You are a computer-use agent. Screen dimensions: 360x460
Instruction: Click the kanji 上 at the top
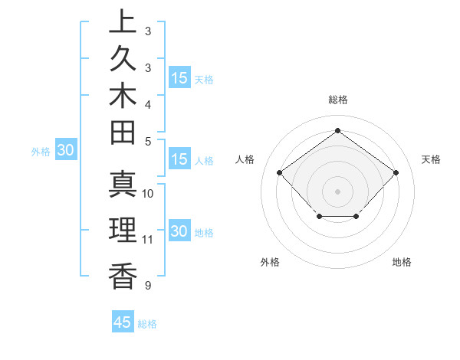(x=121, y=22)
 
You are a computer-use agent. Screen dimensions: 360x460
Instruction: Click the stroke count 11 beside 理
(x=148, y=240)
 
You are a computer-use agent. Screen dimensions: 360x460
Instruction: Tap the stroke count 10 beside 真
(x=148, y=194)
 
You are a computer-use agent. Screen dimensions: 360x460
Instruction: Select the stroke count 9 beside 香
(x=147, y=286)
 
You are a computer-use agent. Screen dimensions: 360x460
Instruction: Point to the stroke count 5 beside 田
(x=147, y=141)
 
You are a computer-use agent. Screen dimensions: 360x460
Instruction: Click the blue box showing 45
(x=123, y=322)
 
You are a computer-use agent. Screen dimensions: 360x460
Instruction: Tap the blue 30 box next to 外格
(x=66, y=151)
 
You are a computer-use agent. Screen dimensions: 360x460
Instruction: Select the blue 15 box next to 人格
(x=179, y=160)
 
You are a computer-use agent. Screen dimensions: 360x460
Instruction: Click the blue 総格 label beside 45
(x=147, y=324)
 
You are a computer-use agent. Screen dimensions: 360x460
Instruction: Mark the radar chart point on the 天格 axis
(x=396, y=172)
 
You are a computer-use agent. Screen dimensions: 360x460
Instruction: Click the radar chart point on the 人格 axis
(x=279, y=172)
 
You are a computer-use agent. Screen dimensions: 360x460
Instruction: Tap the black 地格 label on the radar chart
(x=402, y=263)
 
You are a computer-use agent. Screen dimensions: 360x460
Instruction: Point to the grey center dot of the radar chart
(x=337, y=191)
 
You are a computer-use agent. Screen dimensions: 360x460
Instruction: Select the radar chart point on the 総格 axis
(x=337, y=129)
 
